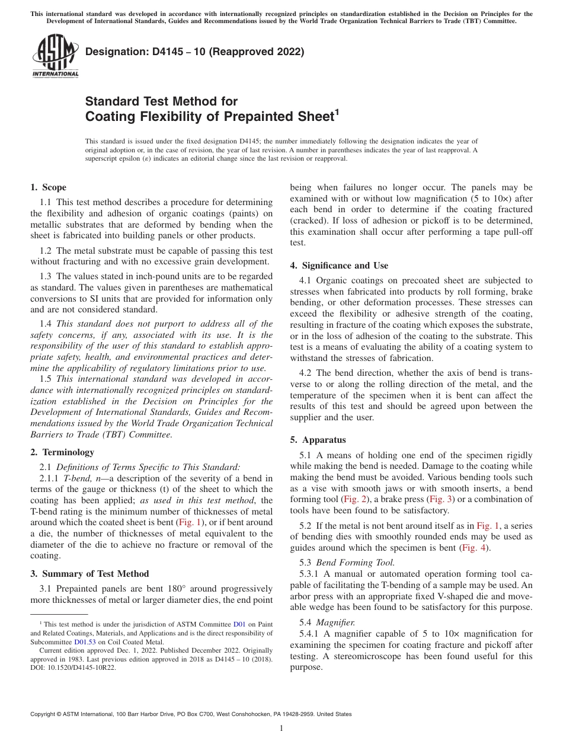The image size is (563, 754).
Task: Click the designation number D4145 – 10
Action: point(165,52)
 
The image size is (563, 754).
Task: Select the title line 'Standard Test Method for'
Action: point(161,101)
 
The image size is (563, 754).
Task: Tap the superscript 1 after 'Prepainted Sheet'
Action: point(337,112)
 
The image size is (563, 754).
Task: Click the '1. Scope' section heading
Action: point(48,187)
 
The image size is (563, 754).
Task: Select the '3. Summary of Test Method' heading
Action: point(89,574)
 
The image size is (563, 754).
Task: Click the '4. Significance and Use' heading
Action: point(339,266)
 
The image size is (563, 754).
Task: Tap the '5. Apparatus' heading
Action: point(318,440)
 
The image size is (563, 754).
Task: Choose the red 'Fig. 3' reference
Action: point(441,500)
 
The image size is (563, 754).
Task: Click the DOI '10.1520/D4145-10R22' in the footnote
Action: point(82,667)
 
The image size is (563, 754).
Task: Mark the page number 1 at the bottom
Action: point(281,729)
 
